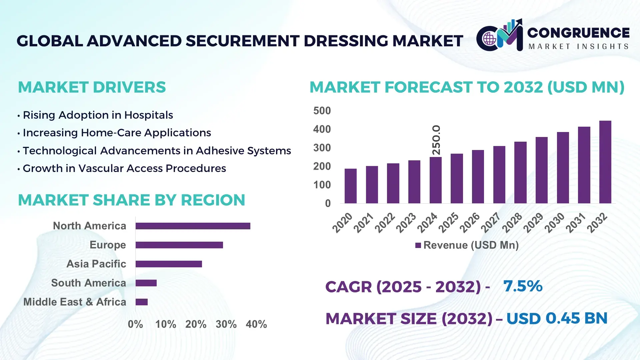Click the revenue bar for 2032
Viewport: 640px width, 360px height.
pyautogui.click(x=605, y=162)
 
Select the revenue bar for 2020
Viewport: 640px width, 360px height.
pyautogui.click(x=350, y=186)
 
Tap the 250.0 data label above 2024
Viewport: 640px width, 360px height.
pyautogui.click(x=436, y=140)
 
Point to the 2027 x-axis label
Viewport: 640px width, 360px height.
pyautogui.click(x=490, y=223)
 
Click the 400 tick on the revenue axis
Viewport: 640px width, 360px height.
pyautogui.click(x=322, y=129)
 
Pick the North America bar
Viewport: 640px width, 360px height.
pyautogui.click(x=193, y=226)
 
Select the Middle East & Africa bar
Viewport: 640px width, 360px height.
pyautogui.click(x=141, y=302)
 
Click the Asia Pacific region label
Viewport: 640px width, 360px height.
pyautogui.click(x=96, y=264)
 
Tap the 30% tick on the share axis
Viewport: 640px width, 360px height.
pyautogui.click(x=226, y=324)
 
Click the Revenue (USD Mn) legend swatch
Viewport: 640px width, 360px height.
pyautogui.click(x=418, y=246)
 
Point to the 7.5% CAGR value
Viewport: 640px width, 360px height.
pyautogui.click(x=523, y=286)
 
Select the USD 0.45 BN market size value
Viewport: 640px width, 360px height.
pyautogui.click(x=557, y=318)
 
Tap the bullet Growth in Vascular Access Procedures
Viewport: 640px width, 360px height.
pyautogui.click(x=124, y=168)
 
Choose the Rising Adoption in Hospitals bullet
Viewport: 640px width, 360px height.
pyautogui.click(x=98, y=115)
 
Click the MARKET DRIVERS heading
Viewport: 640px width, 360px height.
pyautogui.click(x=92, y=87)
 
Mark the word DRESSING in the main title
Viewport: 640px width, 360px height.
pyautogui.click(x=346, y=41)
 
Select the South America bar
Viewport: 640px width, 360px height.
pyautogui.click(x=146, y=283)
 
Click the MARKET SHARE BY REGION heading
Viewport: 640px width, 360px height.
pyautogui.click(x=131, y=200)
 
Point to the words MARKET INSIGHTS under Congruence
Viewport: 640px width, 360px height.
pyautogui.click(x=578, y=47)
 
